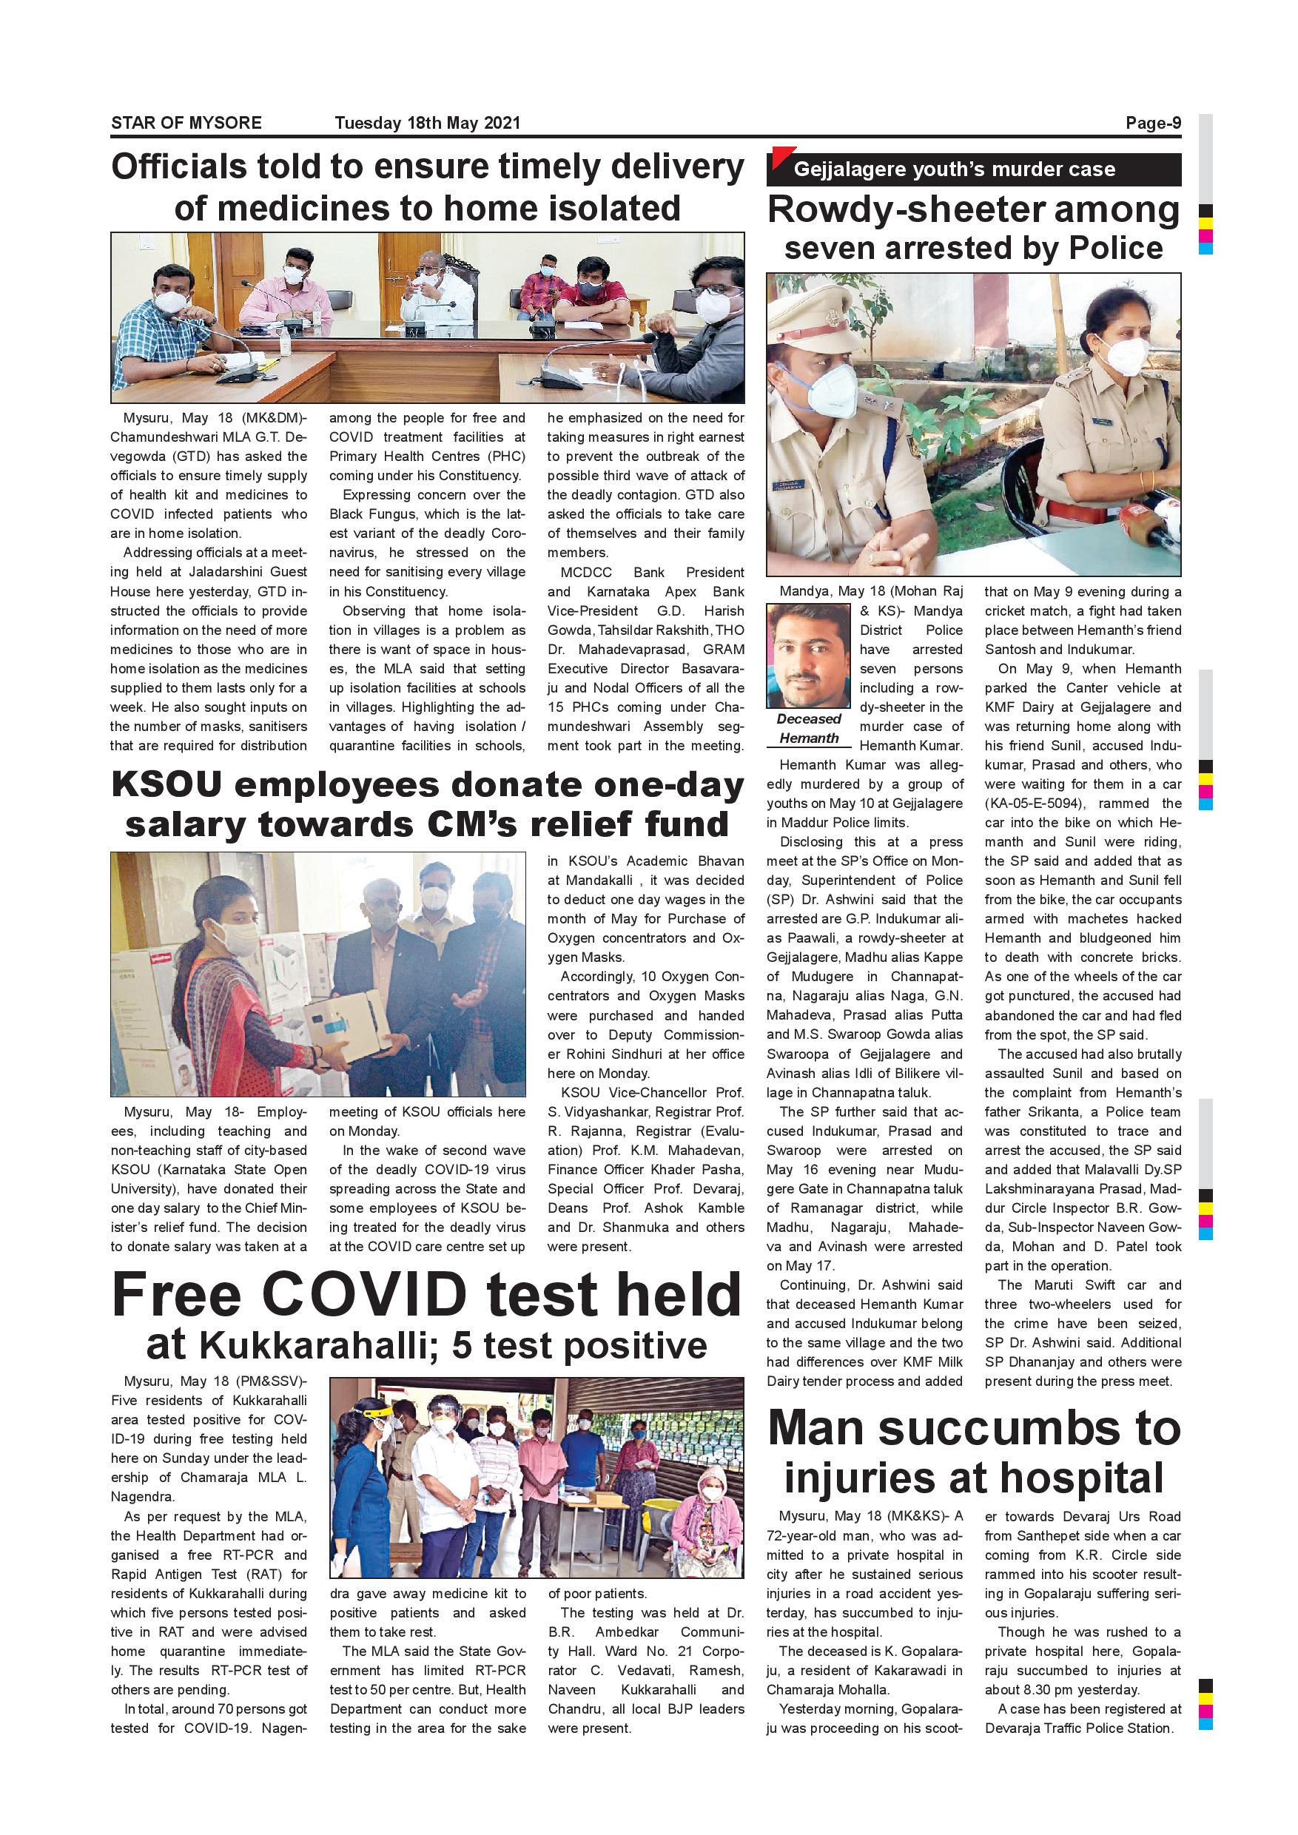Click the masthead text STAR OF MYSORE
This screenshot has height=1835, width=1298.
pyautogui.click(x=186, y=123)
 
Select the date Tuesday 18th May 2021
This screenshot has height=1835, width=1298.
pyautogui.click(x=427, y=123)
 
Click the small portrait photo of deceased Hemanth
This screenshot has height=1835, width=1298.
pyautogui.click(x=808, y=656)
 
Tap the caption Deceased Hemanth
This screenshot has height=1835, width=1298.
pyautogui.click(x=808, y=728)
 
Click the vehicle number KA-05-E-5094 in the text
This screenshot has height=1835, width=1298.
pyautogui.click(x=1036, y=804)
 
